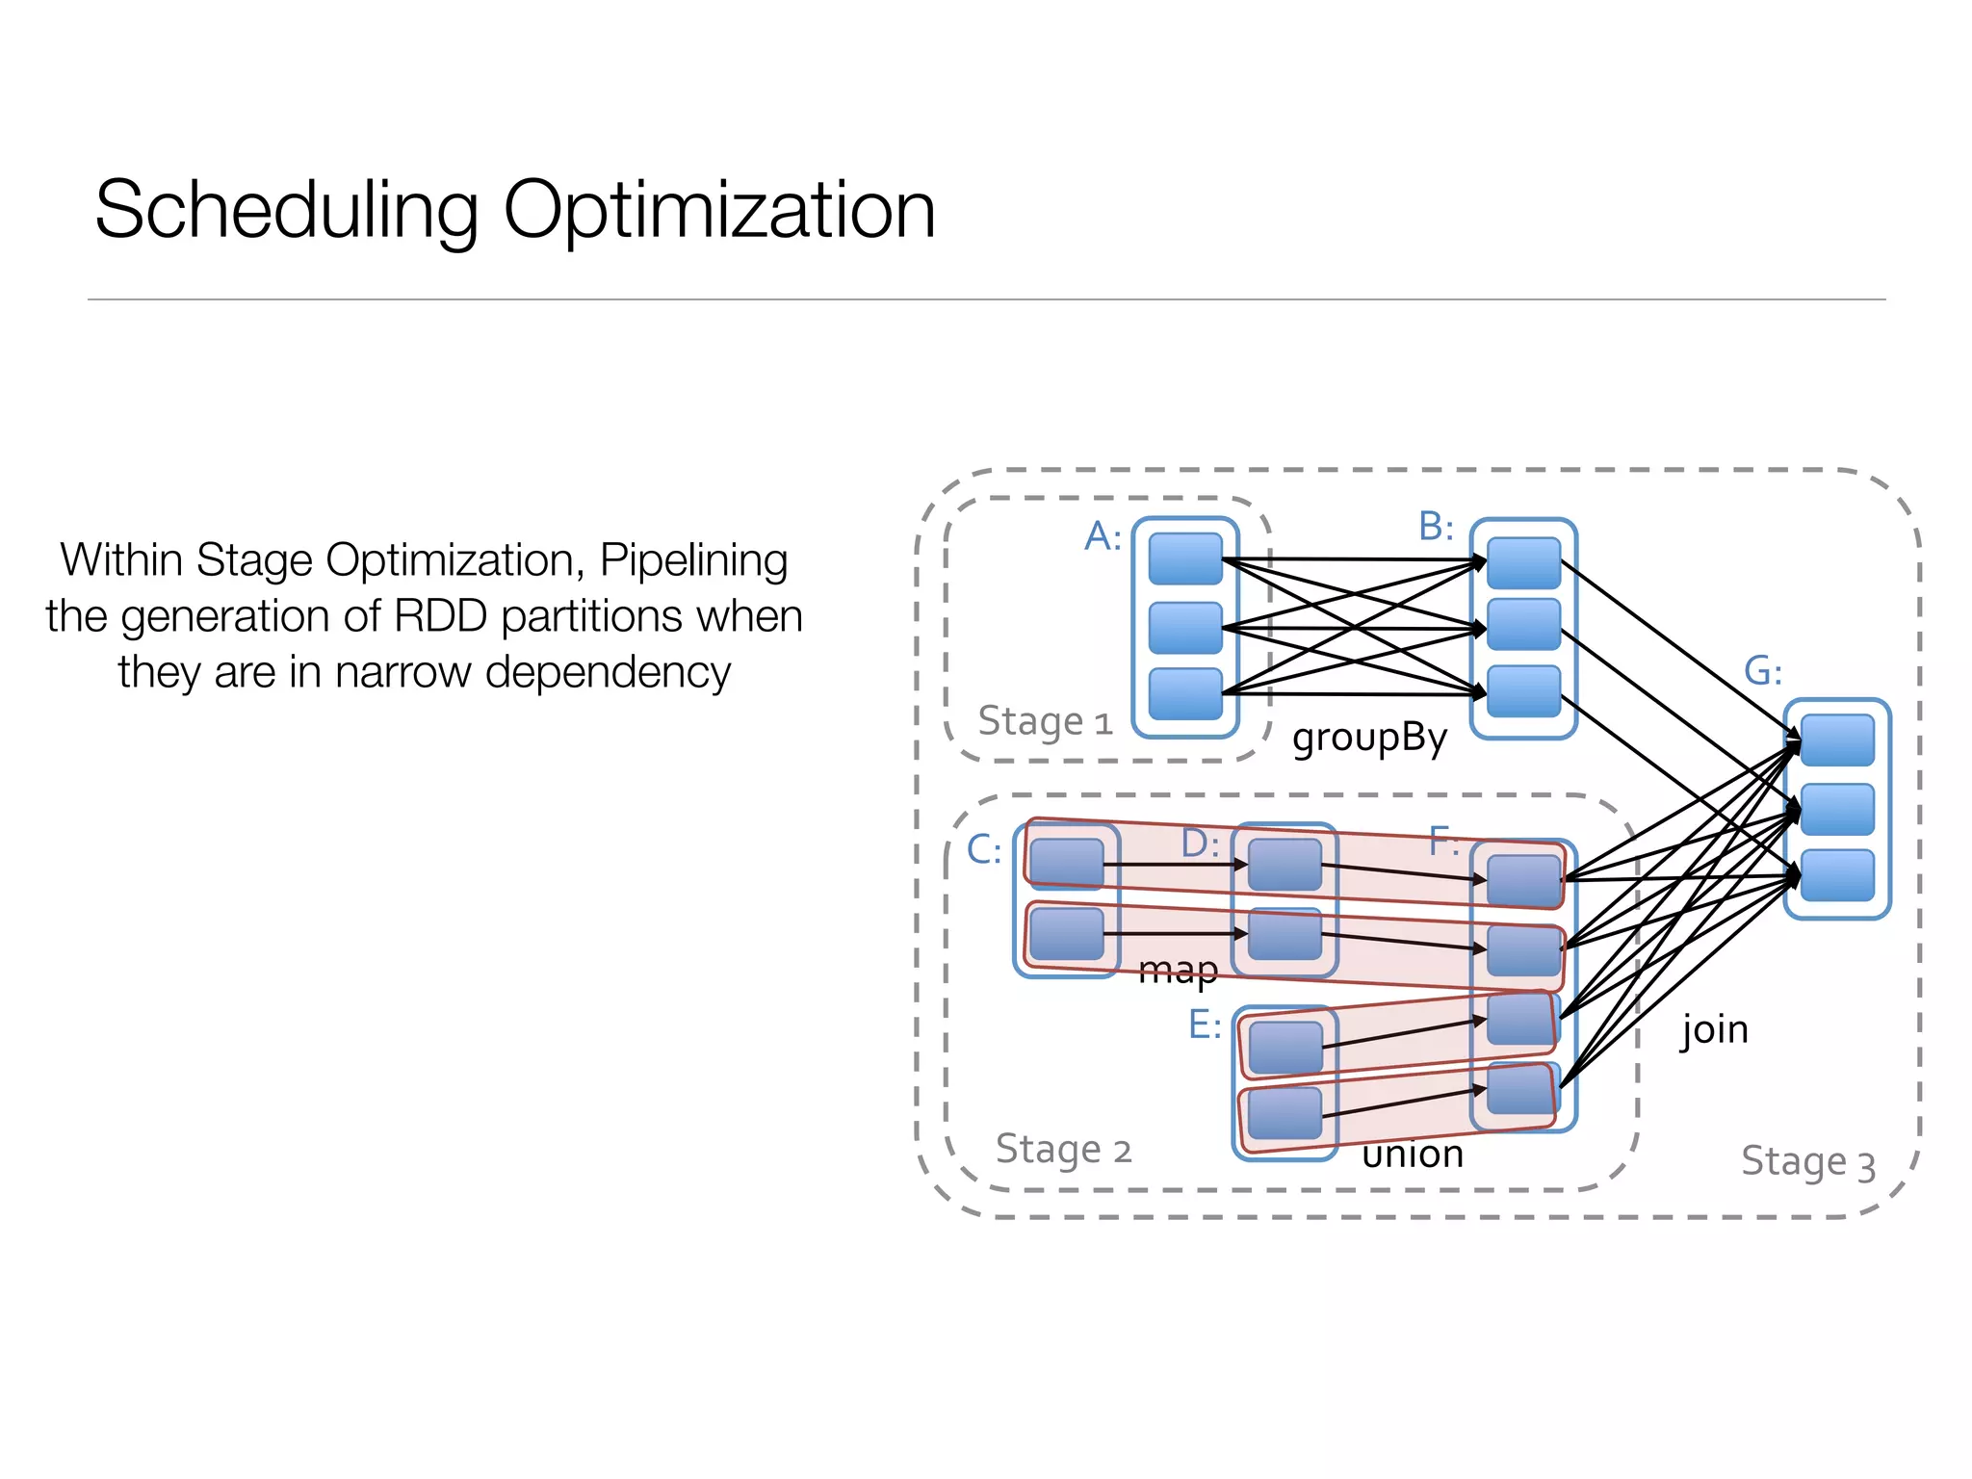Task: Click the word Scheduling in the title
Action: click(x=287, y=212)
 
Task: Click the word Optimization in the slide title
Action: click(x=718, y=212)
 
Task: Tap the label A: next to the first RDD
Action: click(x=1103, y=536)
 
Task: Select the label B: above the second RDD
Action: click(x=1436, y=527)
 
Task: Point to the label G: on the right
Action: click(x=1763, y=671)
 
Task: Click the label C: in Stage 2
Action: click(x=984, y=850)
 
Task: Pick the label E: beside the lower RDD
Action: click(x=1205, y=1025)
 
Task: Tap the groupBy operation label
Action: click(x=1369, y=739)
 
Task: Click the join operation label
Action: click(x=1714, y=1030)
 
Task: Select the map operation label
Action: click(x=1178, y=970)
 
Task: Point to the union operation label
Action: click(x=1413, y=1155)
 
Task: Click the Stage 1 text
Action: click(x=1045, y=721)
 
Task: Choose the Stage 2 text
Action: click(x=1063, y=1150)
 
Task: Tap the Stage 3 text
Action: click(x=1808, y=1162)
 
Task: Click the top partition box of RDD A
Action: click(x=1185, y=559)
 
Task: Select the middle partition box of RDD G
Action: click(x=1837, y=809)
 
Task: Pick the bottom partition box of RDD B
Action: click(x=1523, y=691)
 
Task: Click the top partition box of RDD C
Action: click(x=1066, y=863)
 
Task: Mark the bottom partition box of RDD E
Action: click(x=1284, y=1114)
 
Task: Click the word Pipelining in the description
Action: click(x=693, y=560)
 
